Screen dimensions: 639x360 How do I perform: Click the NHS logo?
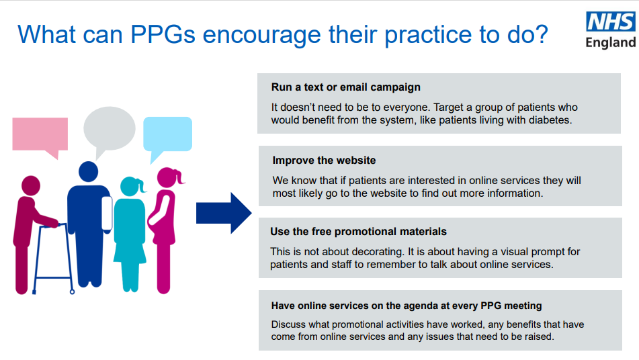[x=611, y=21]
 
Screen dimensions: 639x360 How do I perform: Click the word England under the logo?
[x=611, y=42]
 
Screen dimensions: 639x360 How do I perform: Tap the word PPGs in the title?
[x=163, y=34]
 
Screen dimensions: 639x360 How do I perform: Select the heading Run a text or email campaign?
[x=345, y=87]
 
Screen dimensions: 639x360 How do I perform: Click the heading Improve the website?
[x=324, y=161]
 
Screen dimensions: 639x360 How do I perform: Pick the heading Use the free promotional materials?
[x=358, y=232]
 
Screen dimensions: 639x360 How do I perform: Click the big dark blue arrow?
[x=224, y=213]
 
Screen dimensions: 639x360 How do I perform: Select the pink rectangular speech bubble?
[x=40, y=137]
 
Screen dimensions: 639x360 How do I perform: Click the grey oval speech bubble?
[x=110, y=130]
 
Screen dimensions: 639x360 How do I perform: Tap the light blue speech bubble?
[x=167, y=136]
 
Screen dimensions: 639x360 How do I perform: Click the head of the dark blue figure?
[x=89, y=171]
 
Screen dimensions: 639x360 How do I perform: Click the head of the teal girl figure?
[x=130, y=187]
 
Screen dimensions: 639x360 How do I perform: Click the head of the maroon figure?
[x=30, y=185]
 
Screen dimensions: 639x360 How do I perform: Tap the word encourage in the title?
[x=261, y=36]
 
